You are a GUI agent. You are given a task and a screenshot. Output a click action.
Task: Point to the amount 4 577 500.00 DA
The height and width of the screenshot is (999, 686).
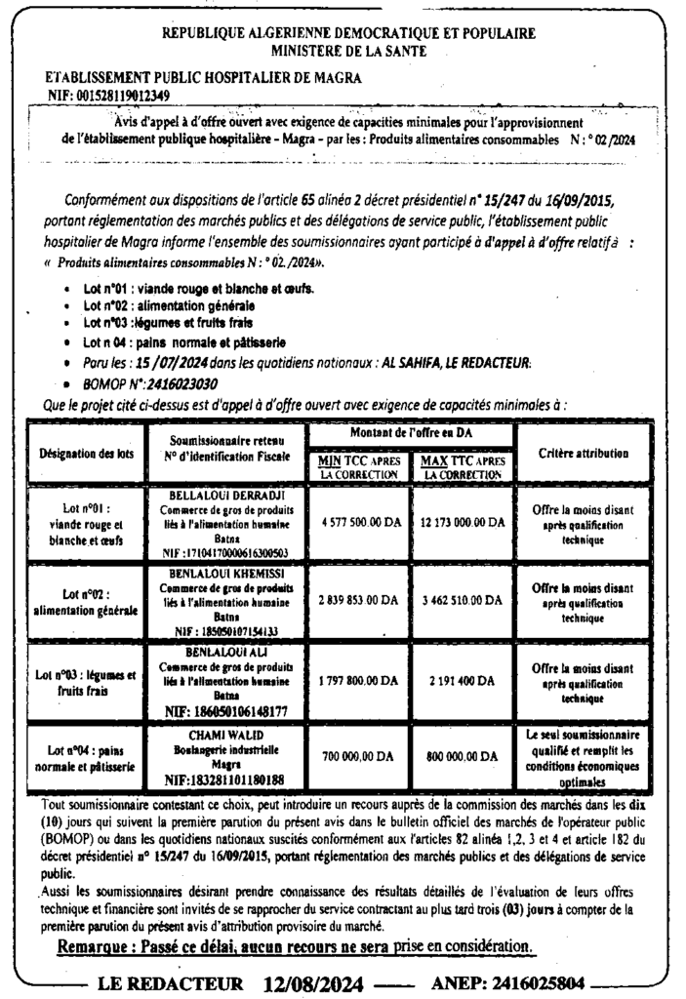pos(361,522)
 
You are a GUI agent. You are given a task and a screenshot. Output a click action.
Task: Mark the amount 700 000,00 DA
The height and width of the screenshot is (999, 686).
pos(358,755)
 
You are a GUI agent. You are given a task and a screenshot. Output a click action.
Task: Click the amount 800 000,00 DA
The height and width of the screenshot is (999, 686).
pos(463,755)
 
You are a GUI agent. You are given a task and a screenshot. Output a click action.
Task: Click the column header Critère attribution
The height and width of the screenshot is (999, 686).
pos(583,454)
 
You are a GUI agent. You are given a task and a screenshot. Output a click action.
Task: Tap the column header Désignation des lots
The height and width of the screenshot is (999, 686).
pos(82,454)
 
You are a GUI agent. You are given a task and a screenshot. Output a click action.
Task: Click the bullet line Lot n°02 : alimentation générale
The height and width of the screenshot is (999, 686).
pos(162,305)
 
